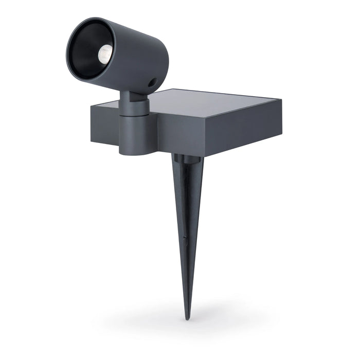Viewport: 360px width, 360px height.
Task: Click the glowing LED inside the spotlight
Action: pyautogui.click(x=104, y=53)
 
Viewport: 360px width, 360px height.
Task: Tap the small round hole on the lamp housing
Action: pyautogui.click(x=152, y=82)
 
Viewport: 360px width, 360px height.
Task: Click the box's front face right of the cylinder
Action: pyautogui.click(x=216, y=134)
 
